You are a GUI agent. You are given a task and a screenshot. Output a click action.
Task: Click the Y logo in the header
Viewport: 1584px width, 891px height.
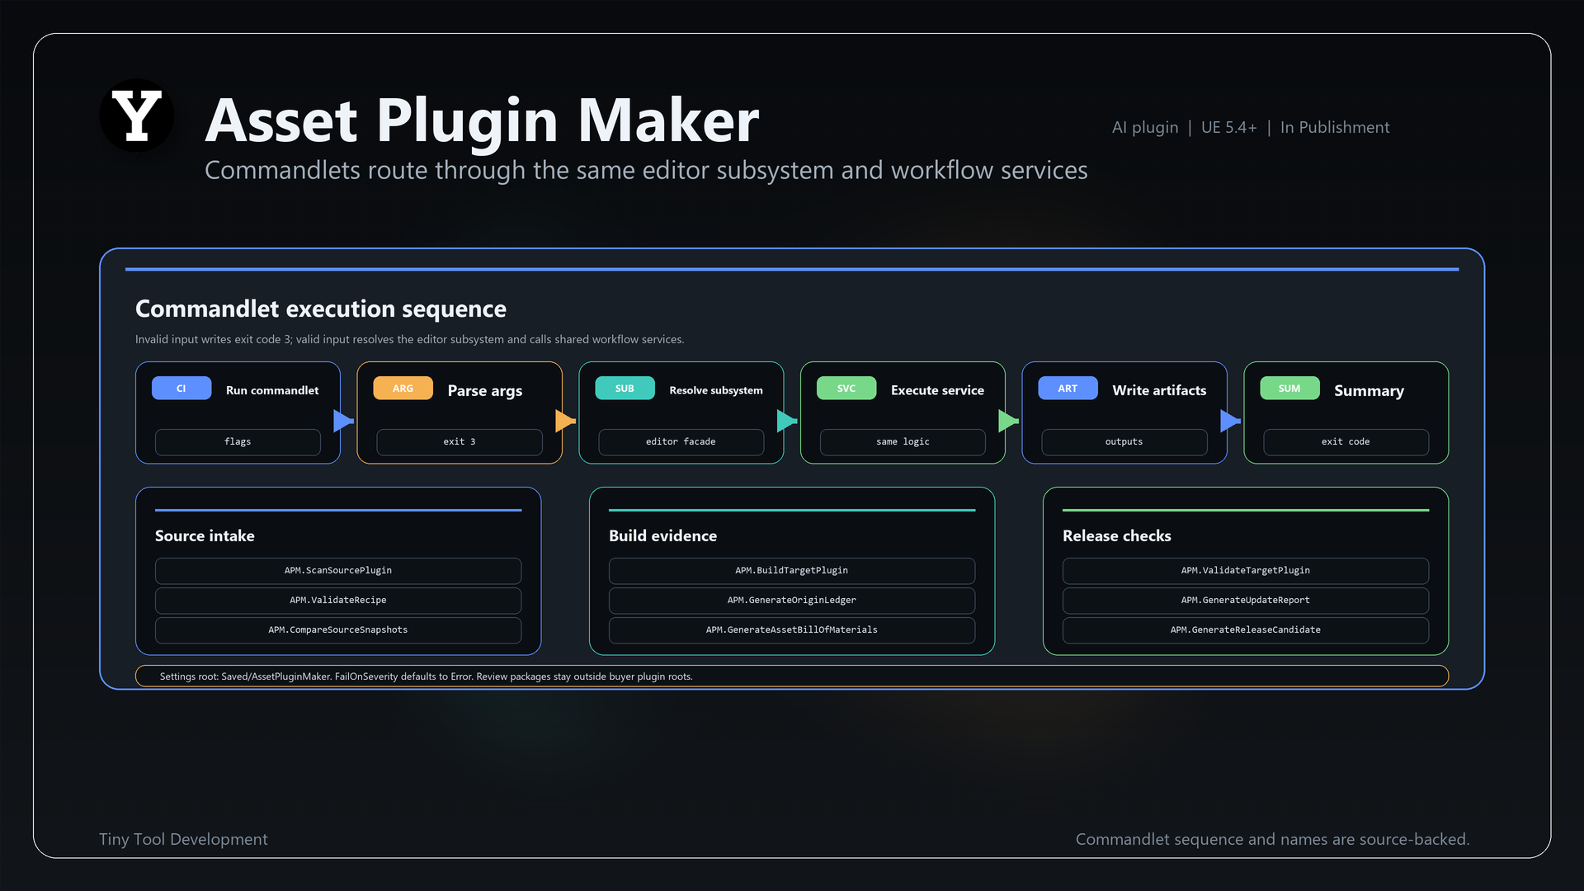[x=137, y=115]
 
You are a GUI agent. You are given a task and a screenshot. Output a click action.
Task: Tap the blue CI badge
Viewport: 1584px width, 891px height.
[x=181, y=389]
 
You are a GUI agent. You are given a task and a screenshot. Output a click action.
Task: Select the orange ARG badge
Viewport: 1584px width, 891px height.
[x=403, y=389]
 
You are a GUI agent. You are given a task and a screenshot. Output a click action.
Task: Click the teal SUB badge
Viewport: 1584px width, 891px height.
[x=625, y=389]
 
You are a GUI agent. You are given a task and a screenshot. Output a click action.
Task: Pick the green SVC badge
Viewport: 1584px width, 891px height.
[x=846, y=389]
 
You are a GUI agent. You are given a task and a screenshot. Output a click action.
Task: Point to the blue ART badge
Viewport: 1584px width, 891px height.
[x=1068, y=389]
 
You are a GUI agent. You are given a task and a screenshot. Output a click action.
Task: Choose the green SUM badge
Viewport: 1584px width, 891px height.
[x=1289, y=389]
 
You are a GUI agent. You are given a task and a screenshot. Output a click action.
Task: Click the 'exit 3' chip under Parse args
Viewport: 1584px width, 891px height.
[x=460, y=442]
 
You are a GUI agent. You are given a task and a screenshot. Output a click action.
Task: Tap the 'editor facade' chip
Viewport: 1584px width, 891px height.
[x=681, y=442]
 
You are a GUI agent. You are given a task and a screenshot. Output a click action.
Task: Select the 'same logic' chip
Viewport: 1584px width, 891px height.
[x=903, y=442]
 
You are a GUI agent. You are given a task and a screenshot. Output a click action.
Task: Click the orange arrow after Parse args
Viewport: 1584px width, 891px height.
[x=565, y=421]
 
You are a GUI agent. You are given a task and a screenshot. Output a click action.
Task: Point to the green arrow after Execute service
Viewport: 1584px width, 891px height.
[x=1008, y=421]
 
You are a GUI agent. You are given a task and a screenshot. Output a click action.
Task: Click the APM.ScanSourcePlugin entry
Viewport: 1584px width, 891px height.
[x=338, y=571]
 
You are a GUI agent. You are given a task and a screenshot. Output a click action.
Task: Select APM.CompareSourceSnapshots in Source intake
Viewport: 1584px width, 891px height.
[x=338, y=630]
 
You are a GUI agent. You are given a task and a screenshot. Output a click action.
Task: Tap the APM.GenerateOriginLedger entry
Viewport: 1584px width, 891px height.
[x=792, y=601]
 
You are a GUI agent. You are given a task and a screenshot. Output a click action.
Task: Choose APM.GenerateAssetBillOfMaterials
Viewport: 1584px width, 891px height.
[x=792, y=630]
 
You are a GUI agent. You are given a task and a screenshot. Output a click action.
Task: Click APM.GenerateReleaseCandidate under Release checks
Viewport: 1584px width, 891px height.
[x=1246, y=630]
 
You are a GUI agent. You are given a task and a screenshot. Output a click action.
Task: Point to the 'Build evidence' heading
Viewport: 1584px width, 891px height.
[x=662, y=536]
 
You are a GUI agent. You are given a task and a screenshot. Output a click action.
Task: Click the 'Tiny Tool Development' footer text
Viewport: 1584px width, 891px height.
[x=183, y=839]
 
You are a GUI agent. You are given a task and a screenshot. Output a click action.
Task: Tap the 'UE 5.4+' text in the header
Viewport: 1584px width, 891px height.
[x=1229, y=128]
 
